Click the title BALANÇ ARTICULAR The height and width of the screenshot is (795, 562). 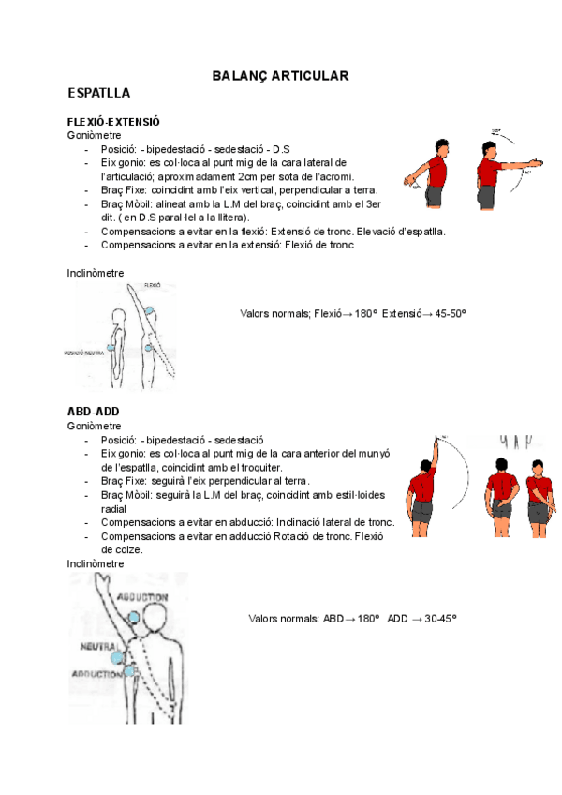click(280, 74)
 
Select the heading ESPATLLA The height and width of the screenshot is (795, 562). click(99, 94)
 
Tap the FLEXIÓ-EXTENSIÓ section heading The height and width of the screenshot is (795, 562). click(113, 122)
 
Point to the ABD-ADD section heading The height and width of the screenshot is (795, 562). click(93, 412)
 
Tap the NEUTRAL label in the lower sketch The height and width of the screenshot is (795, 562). click(97, 647)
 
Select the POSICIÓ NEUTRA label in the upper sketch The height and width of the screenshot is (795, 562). click(83, 352)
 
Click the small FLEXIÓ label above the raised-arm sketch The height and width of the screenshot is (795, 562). click(154, 283)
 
